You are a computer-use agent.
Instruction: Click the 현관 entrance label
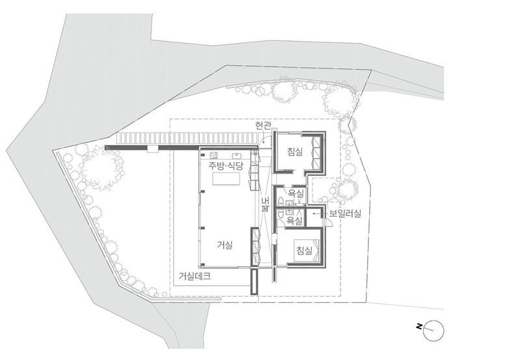[x=263, y=126]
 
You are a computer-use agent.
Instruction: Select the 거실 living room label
[x=225, y=245]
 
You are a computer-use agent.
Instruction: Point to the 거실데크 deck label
[x=195, y=276]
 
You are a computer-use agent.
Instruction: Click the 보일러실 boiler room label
[x=345, y=214]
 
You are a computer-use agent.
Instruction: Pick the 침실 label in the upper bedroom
[x=295, y=152]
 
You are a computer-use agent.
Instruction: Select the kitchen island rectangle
[x=226, y=178]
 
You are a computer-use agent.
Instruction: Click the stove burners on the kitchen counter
[x=214, y=154]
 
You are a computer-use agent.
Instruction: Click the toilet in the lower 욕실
[x=281, y=213]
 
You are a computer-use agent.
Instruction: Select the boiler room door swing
[x=327, y=223]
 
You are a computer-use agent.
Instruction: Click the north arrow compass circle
[x=433, y=331]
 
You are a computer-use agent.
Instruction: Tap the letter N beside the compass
[x=419, y=327]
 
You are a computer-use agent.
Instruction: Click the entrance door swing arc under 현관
[x=266, y=141]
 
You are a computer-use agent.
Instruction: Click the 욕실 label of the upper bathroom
[x=296, y=194]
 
